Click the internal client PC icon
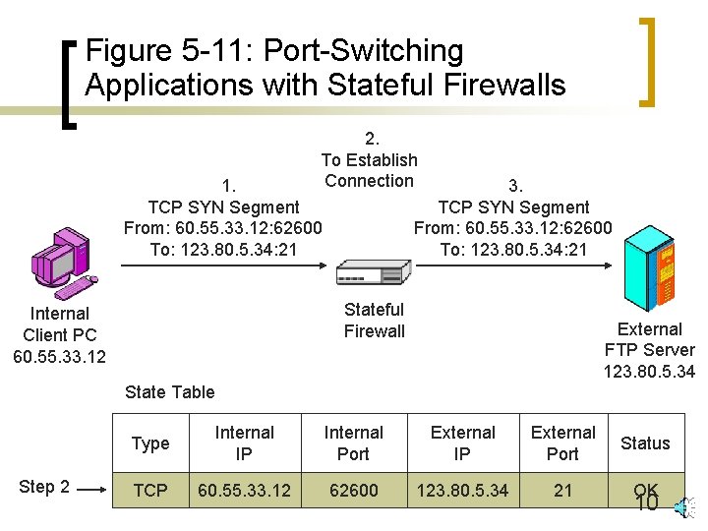click(61, 261)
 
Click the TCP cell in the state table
click(150, 490)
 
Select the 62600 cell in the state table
click(353, 490)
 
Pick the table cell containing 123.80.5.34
click(462, 490)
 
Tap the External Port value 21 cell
click(562, 490)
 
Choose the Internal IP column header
click(244, 442)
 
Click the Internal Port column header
click(353, 442)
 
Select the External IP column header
click(462, 442)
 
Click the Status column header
click(645, 443)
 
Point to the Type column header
click(150, 443)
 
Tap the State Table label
click(169, 392)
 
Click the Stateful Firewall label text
click(374, 320)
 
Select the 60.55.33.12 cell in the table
click(244, 490)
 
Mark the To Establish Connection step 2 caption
click(370, 159)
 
